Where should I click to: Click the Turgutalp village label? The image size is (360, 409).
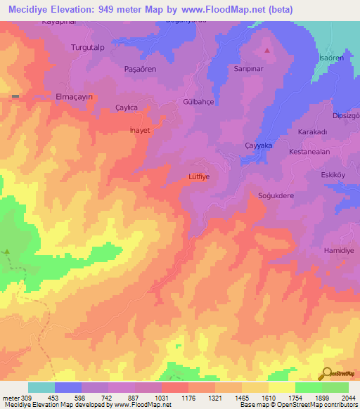[88, 48]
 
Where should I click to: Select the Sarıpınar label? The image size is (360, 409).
[248, 70]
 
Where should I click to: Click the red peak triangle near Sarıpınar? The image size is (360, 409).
[267, 51]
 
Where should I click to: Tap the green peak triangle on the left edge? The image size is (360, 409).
[7, 251]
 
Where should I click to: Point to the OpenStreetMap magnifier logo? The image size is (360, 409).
[327, 374]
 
